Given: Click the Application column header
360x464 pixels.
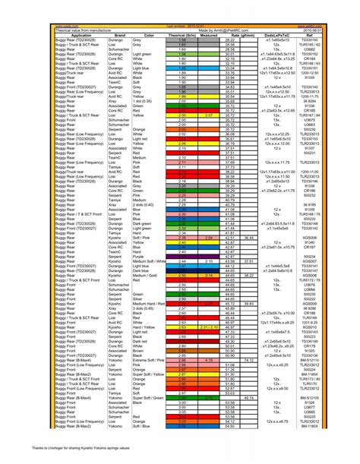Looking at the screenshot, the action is [x=77, y=35].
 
